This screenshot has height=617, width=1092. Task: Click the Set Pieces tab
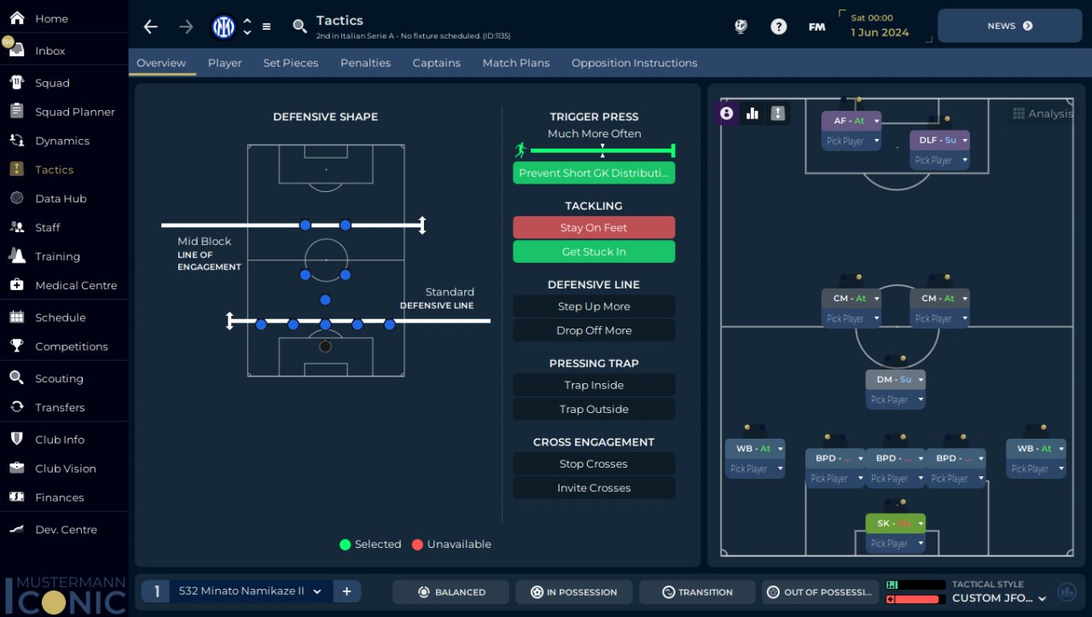(x=290, y=63)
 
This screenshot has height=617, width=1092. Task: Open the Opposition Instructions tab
(x=634, y=63)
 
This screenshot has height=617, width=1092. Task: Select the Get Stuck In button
(x=594, y=252)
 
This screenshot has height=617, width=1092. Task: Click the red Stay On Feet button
(x=594, y=228)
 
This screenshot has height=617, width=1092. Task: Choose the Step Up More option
(x=594, y=306)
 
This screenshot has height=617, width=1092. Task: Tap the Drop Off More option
(x=594, y=330)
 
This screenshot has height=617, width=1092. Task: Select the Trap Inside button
(x=594, y=385)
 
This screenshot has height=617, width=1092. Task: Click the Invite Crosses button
(x=594, y=488)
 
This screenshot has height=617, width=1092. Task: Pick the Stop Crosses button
(x=594, y=464)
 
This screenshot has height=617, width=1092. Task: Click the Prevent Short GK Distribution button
(x=594, y=173)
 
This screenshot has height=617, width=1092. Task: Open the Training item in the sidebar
(x=57, y=257)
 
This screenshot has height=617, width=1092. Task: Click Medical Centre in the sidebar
(x=76, y=286)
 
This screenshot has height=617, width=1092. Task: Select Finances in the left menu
(x=59, y=498)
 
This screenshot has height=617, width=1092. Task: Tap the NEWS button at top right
(x=1009, y=26)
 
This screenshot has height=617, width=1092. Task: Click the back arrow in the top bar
(x=151, y=26)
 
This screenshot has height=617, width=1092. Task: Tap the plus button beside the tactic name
(x=347, y=591)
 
